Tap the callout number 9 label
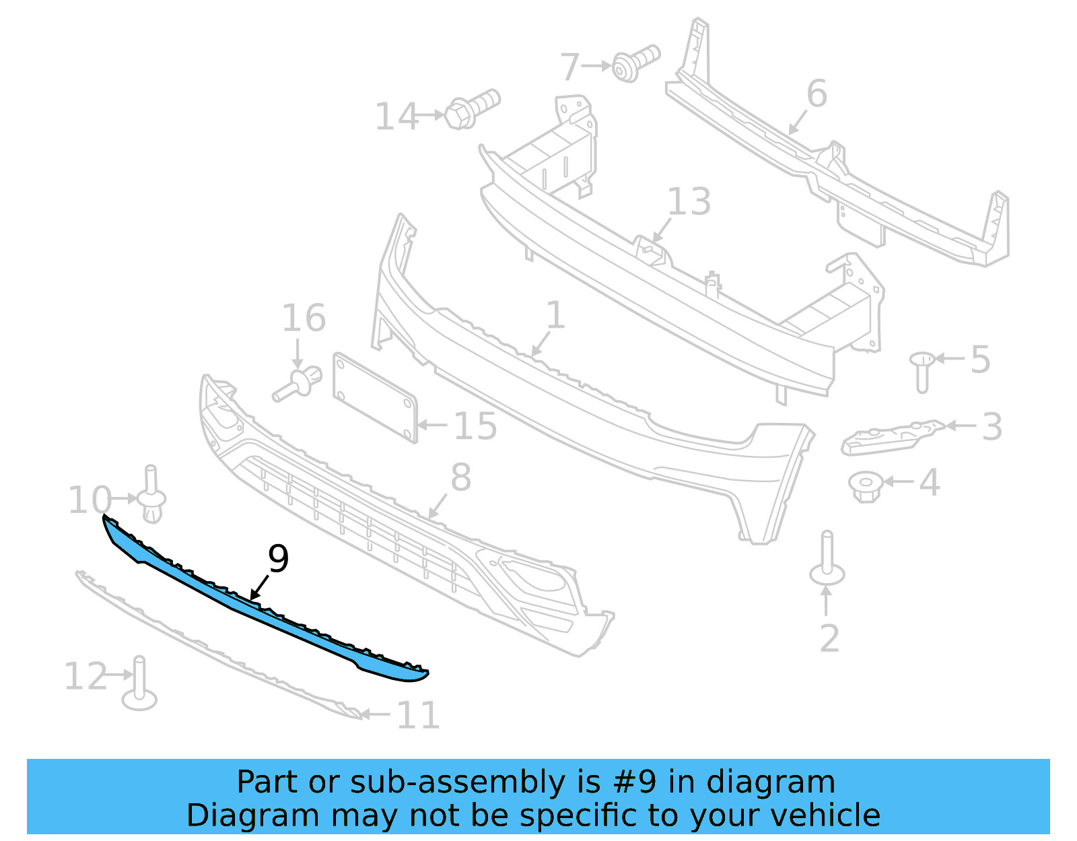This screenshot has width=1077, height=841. coord(278,558)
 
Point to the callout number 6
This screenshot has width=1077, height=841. coord(817,94)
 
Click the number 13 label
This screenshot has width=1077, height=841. coord(689,202)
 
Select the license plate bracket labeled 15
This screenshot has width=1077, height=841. coord(375,397)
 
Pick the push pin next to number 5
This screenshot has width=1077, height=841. coord(922,370)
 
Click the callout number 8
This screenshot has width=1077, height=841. coord(460,477)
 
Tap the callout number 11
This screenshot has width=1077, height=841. coord(418,715)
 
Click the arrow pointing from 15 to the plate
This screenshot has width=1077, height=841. coord(432,425)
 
